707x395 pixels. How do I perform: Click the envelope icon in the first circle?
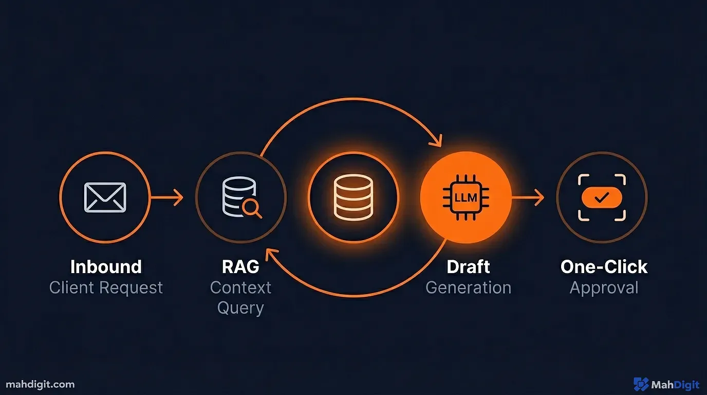click(x=105, y=197)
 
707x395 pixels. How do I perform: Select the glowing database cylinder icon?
click(x=353, y=197)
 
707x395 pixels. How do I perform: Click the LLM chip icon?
click(x=466, y=197)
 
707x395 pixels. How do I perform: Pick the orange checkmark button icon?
click(x=602, y=197)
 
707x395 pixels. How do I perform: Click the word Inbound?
click(x=106, y=267)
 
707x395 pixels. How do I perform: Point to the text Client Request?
click(x=106, y=288)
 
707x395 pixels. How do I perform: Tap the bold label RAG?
click(x=240, y=267)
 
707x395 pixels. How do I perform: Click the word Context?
click(x=240, y=288)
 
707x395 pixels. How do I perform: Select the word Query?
click(x=240, y=308)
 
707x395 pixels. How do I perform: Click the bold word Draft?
click(x=468, y=267)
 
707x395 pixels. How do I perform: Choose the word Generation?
click(x=468, y=288)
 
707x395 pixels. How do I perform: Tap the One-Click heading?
click(x=604, y=267)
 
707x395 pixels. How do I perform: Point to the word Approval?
click(x=604, y=288)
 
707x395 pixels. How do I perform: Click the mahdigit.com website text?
click(x=41, y=384)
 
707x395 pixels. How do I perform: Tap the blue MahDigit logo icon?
click(x=641, y=384)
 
